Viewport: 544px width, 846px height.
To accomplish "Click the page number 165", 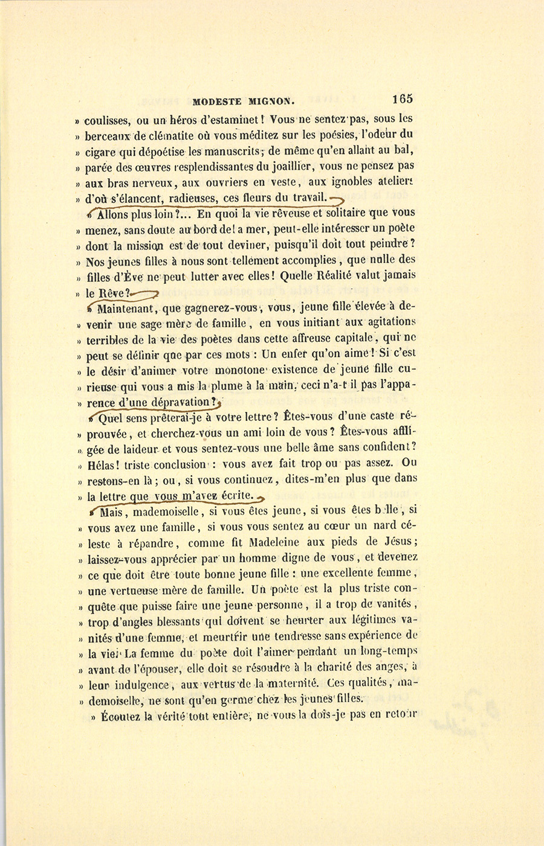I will click(x=402, y=99).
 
